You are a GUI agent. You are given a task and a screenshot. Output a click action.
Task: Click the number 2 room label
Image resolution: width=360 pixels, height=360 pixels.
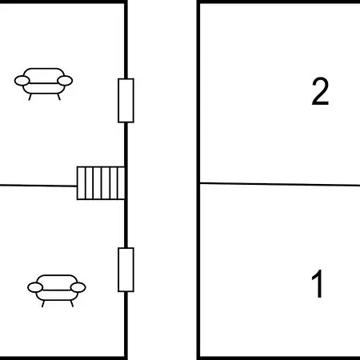(320, 91)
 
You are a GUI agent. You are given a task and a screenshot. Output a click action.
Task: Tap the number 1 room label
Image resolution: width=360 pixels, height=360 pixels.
(318, 284)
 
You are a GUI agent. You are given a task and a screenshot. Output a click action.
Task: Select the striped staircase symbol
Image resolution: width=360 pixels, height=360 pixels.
(101, 183)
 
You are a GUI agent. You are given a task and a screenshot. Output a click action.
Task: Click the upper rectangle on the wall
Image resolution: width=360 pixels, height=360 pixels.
(126, 101)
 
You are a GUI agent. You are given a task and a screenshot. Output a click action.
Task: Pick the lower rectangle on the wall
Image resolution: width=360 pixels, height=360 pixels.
(126, 270)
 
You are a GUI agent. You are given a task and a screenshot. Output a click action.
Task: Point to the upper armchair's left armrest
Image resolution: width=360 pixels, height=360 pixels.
(22, 81)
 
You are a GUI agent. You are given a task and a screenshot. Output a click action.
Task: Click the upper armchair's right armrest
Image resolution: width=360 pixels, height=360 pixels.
(65, 81)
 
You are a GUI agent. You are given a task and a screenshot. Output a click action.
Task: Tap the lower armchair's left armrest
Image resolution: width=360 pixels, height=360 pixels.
(35, 287)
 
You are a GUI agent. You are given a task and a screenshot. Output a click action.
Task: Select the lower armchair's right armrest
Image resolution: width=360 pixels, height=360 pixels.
(78, 287)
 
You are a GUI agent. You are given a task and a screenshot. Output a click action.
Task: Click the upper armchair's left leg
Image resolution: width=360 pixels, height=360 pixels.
(30, 97)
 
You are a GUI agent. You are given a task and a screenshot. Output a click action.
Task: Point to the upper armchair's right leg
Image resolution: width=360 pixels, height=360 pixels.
(58, 97)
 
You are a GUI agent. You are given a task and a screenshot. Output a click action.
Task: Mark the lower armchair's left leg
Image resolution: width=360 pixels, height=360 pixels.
(43, 304)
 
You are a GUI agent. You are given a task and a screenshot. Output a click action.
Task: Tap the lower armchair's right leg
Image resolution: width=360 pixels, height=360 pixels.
(72, 304)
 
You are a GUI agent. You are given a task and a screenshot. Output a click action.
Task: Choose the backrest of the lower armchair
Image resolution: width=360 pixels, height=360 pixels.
(57, 279)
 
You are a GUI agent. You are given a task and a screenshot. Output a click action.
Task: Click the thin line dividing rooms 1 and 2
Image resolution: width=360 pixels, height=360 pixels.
(280, 184)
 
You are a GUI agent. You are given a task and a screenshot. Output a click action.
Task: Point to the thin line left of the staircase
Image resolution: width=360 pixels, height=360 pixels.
(38, 185)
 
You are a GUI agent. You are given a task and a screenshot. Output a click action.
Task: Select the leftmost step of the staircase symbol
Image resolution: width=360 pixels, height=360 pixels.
(82, 183)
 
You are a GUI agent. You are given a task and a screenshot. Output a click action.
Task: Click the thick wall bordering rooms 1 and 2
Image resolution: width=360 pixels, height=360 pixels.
(198, 180)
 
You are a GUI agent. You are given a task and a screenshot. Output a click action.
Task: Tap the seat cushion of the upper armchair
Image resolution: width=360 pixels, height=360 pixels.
(43, 89)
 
